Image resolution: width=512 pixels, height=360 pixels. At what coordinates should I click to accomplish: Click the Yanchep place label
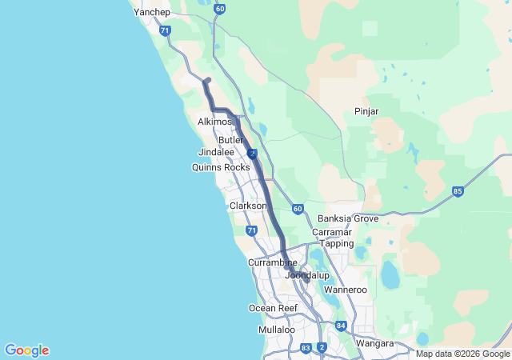tap(152, 13)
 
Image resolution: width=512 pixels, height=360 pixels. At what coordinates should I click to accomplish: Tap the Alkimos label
tap(214, 122)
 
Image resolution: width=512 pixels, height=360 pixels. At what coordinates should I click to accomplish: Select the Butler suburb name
tap(230, 140)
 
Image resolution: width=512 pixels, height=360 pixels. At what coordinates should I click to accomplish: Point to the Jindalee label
tap(216, 152)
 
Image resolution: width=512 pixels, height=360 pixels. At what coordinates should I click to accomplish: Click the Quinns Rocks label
tap(221, 167)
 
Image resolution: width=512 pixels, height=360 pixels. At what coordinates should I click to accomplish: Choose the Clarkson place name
tap(248, 206)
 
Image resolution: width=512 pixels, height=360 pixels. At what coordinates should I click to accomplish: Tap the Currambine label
tap(272, 262)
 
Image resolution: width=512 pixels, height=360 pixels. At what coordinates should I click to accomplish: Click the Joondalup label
tap(307, 275)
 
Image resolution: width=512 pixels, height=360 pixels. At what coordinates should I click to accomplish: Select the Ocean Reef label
tap(273, 308)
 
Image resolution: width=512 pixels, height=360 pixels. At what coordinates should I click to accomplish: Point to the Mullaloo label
tap(277, 330)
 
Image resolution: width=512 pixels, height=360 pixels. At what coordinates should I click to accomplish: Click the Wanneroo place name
tap(345, 289)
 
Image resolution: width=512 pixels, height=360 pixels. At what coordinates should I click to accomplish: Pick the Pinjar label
tap(366, 111)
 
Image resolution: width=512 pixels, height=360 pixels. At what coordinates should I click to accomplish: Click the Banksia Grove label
tap(348, 218)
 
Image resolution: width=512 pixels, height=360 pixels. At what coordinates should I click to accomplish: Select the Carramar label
tap(332, 232)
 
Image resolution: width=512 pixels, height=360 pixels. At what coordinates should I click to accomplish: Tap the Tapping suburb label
tap(337, 243)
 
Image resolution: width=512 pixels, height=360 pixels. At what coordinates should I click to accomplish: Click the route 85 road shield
tap(458, 191)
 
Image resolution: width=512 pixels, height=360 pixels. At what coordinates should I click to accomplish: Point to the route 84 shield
tap(342, 326)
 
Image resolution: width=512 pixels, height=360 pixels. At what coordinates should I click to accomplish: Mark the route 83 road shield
tap(306, 347)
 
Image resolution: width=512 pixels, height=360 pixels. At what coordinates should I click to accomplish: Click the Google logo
tap(26, 350)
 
